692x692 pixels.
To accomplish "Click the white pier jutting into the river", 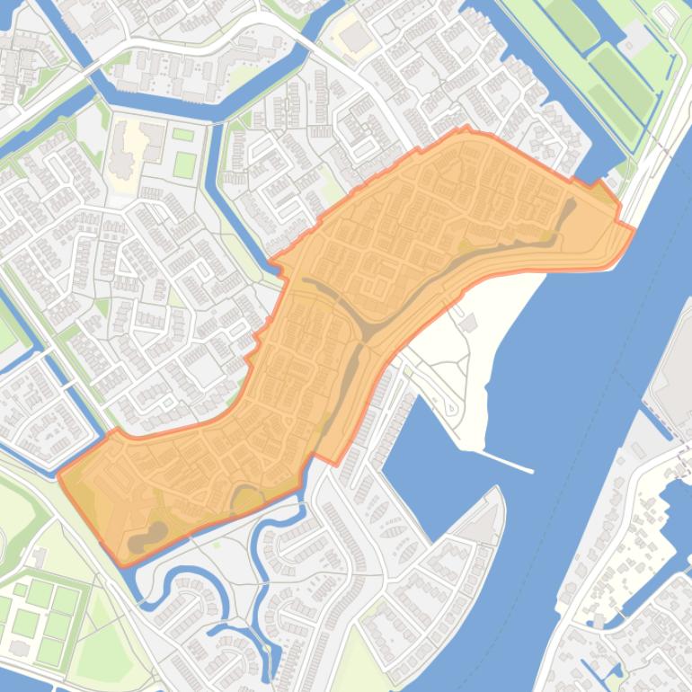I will pos(508,461).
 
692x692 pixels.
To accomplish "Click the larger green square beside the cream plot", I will pos(184,164).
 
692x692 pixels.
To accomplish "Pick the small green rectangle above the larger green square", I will pos(182,135).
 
